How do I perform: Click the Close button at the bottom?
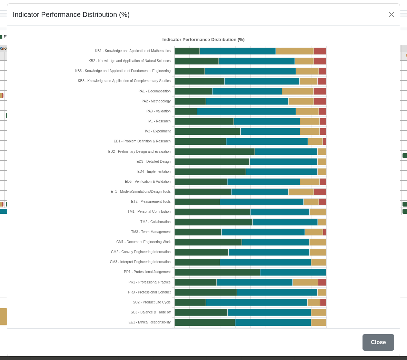[378, 342]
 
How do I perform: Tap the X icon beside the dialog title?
[391, 14]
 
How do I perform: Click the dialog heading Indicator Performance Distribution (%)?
[71, 14]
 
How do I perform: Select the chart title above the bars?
[203, 40]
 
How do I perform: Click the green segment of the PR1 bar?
[217, 272]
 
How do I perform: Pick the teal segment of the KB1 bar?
[238, 51]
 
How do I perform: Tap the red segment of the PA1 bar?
[320, 91]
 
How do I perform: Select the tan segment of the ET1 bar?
[301, 192]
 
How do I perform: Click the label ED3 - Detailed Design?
[153, 162]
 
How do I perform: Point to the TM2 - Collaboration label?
[155, 222]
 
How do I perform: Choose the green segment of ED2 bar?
[215, 152]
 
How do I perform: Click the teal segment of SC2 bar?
[257, 302]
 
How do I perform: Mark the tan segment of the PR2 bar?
[305, 282]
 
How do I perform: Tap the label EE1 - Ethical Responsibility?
[149, 322]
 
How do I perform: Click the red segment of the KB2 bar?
[320, 61]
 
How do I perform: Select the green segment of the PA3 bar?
[186, 111]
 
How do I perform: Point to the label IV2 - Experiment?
[158, 131]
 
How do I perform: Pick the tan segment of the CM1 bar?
[318, 242]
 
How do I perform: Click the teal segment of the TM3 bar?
[263, 232]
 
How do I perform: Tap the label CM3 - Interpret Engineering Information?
[140, 262]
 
